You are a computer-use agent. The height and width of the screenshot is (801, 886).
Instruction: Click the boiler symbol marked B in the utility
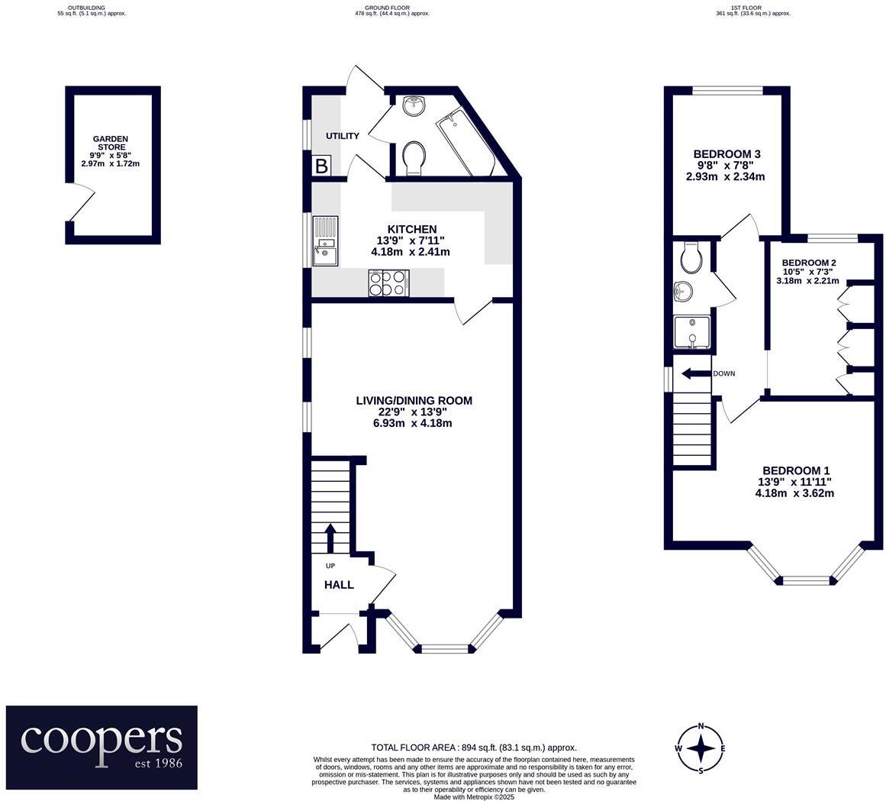(321, 166)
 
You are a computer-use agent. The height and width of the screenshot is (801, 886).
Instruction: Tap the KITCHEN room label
(412, 229)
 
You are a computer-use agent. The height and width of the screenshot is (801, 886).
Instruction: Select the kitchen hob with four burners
(388, 283)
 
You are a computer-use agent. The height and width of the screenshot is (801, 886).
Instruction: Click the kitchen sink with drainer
(327, 241)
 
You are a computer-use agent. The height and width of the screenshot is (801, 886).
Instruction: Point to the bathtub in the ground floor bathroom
(465, 144)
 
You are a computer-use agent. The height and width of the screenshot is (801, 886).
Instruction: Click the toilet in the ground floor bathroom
(414, 158)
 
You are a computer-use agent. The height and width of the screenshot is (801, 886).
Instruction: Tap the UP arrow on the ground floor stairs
(330, 538)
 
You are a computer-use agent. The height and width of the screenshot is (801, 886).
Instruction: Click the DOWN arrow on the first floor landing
(695, 373)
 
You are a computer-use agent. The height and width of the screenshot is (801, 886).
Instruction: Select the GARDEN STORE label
(110, 143)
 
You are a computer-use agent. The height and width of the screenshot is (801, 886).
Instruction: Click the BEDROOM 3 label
(727, 153)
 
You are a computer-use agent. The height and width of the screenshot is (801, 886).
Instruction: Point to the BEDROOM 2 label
(809, 263)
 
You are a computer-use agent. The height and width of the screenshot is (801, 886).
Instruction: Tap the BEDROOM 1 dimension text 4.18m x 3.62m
(794, 493)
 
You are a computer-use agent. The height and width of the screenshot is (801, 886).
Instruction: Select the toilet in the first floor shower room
(691, 257)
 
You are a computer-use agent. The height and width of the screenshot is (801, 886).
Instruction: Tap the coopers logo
(101, 747)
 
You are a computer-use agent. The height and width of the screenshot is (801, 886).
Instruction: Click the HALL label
(339, 585)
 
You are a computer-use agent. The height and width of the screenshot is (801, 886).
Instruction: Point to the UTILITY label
(343, 136)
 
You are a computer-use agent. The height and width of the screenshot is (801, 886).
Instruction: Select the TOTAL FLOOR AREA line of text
(473, 748)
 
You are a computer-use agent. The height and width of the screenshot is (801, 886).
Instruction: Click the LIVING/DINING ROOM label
(414, 401)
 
